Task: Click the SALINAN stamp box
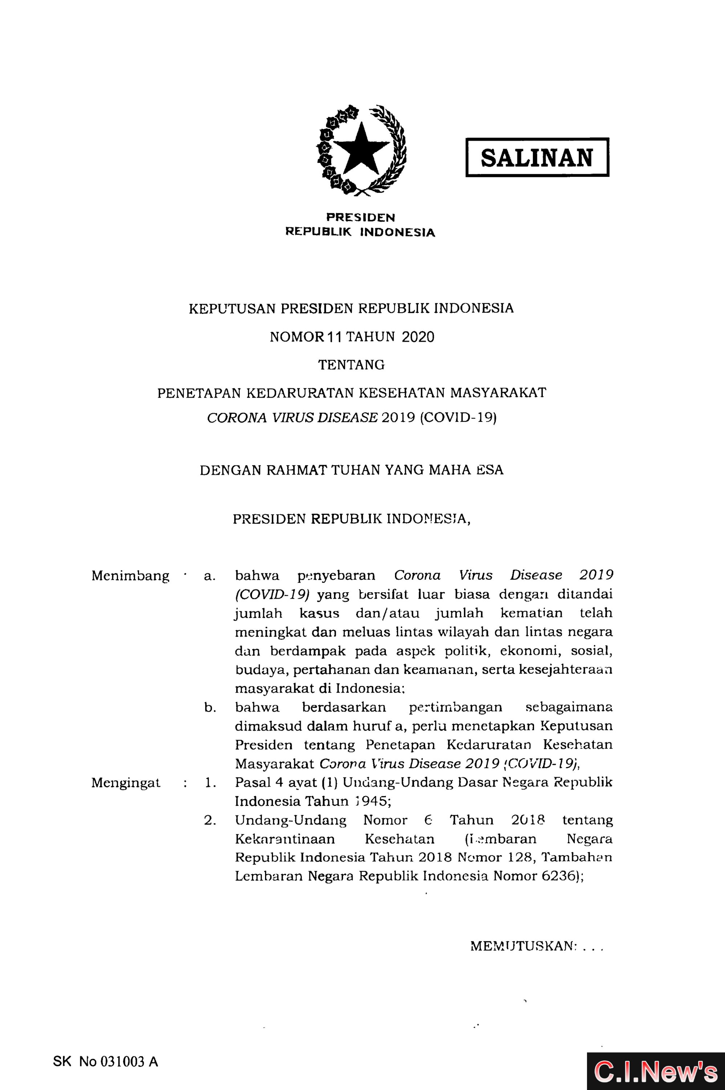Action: (x=537, y=157)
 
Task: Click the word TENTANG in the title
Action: (x=351, y=365)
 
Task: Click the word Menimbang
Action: (x=130, y=576)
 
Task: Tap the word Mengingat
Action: (x=126, y=782)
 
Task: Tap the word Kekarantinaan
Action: (x=285, y=839)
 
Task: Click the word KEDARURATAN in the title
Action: (x=300, y=393)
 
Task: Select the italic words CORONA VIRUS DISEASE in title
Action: (x=292, y=418)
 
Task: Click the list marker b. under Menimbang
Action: (x=210, y=707)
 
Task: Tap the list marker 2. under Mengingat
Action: (x=210, y=820)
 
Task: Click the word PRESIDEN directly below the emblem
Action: (x=361, y=217)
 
